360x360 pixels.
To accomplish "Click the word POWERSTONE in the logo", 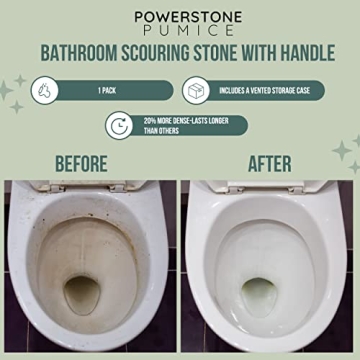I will point(180,17).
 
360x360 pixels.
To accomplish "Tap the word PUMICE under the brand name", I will point(180,32).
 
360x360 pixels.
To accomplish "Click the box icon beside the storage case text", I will point(196,90).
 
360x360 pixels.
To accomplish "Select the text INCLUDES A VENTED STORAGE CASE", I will point(265,90).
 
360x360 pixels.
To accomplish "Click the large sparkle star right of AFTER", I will point(343,152).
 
